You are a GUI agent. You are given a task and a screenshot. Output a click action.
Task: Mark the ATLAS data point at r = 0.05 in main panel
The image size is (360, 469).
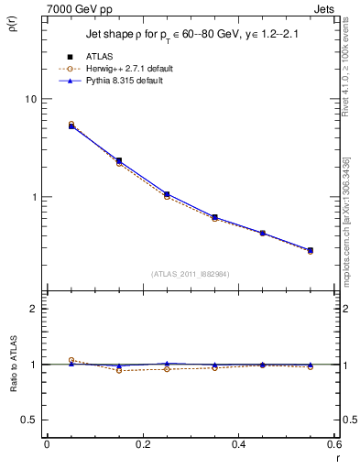(71, 126)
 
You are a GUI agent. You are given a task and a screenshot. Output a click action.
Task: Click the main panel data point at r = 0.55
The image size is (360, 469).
(310, 250)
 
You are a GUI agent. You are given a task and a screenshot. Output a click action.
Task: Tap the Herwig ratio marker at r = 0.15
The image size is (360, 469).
(119, 370)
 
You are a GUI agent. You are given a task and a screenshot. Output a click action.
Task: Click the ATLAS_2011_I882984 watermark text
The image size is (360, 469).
(191, 273)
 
